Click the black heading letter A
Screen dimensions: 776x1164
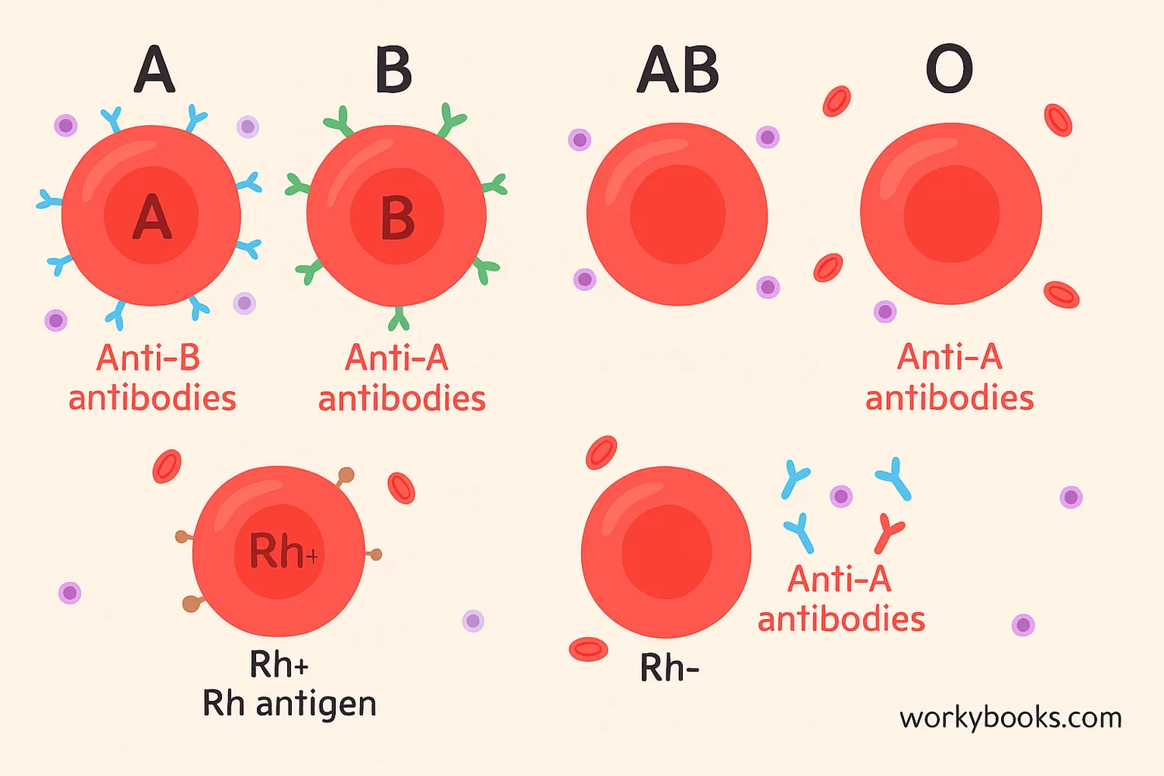[154, 70]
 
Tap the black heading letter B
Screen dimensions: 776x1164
[393, 70]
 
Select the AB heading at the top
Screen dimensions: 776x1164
[678, 70]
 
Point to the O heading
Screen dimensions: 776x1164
[949, 70]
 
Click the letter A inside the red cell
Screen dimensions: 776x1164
[151, 217]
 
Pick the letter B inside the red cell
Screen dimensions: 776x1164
[397, 218]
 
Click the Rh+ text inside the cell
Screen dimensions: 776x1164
[282, 552]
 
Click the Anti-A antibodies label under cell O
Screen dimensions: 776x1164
[950, 378]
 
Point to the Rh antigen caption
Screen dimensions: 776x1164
[289, 704]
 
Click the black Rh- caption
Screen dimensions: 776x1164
[669, 667]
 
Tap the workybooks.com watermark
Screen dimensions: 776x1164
[1010, 718]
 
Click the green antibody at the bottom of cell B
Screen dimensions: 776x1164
[399, 318]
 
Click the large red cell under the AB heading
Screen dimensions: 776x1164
[677, 214]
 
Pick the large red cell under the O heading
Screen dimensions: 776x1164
[951, 213]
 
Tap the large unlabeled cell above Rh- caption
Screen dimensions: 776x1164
[666, 552]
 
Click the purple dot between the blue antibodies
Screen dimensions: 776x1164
[841, 496]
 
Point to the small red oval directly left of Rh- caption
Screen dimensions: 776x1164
[588, 649]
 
